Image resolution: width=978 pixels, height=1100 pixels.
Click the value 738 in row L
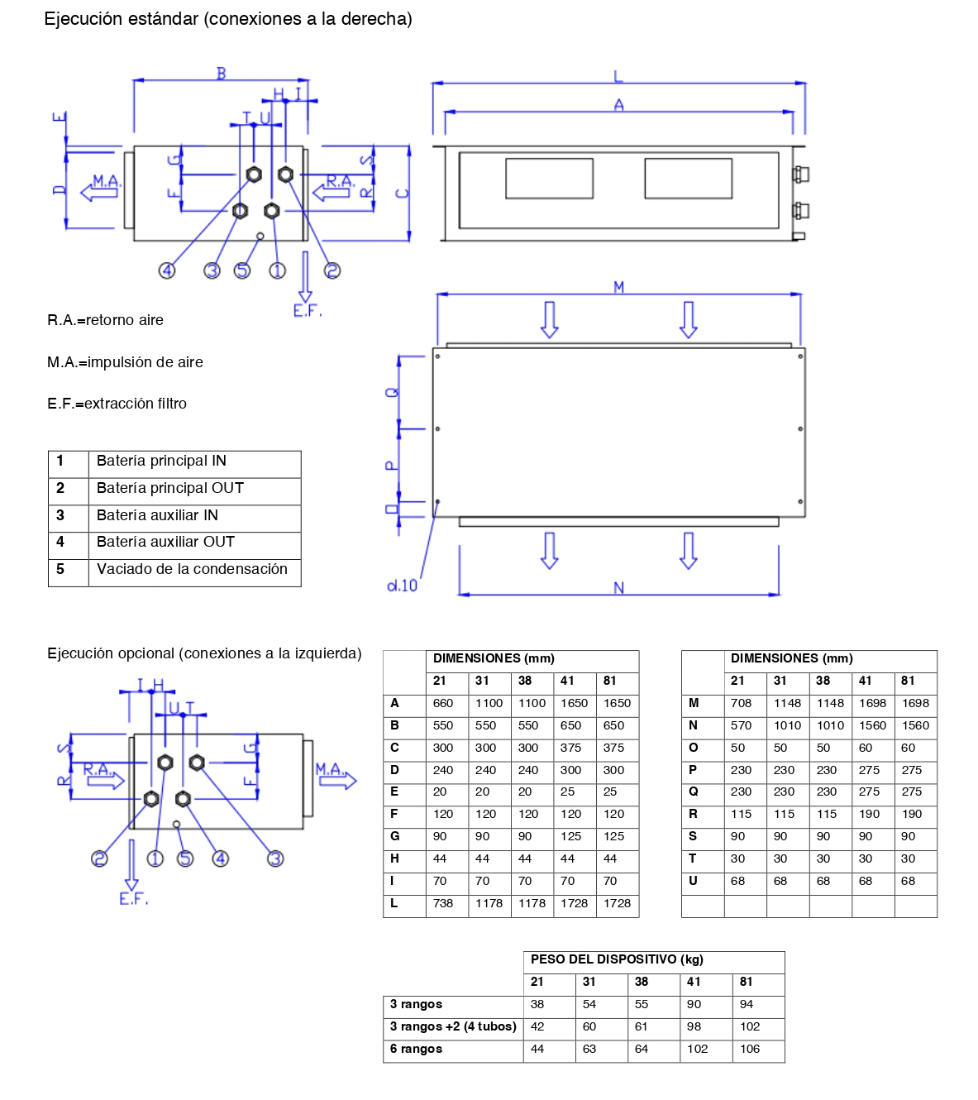442,903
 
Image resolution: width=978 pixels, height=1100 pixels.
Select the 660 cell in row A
442,702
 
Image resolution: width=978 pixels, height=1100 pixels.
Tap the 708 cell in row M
741,702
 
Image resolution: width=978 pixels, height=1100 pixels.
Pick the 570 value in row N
741,725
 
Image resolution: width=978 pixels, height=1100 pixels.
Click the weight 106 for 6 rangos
750,1049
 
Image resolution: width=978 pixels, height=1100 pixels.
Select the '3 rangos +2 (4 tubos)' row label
453,1026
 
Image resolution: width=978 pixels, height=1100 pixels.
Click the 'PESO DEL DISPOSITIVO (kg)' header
617,959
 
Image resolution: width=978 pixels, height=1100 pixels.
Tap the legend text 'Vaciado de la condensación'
192,568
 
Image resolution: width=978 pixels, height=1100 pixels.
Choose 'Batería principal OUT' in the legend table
169,488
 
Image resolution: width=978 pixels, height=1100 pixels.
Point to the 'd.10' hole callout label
402,586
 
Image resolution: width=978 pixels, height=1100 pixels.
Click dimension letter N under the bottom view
618,587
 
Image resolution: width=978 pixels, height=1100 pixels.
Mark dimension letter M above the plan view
618,287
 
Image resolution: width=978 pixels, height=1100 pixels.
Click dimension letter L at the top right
618,76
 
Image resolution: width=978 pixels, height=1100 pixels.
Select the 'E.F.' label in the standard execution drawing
308,310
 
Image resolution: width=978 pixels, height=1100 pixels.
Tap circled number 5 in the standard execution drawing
242,270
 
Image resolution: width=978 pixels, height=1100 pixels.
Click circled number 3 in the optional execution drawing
275,858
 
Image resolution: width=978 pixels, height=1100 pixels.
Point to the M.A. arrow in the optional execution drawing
337,781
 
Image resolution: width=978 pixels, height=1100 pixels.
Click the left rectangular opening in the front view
549,178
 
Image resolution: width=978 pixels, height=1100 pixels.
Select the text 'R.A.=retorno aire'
105,320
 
